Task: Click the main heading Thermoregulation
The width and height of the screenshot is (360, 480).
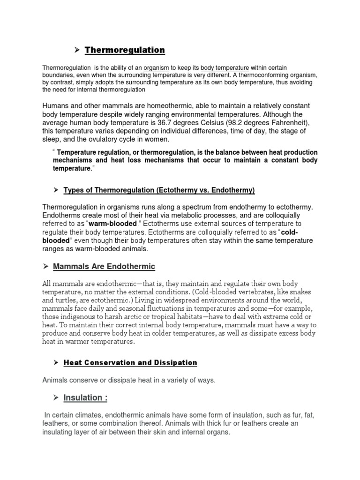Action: coord(125,50)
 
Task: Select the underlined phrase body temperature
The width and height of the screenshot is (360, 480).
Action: coord(222,67)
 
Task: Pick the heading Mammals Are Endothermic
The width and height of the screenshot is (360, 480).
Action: coord(104,267)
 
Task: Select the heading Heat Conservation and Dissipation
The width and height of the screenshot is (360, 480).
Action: coord(130,363)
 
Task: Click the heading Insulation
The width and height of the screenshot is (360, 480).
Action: coord(85,397)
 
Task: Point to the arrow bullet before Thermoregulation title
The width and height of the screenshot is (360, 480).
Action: coord(77,50)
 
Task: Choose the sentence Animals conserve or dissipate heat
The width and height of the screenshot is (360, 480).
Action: coord(129,380)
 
